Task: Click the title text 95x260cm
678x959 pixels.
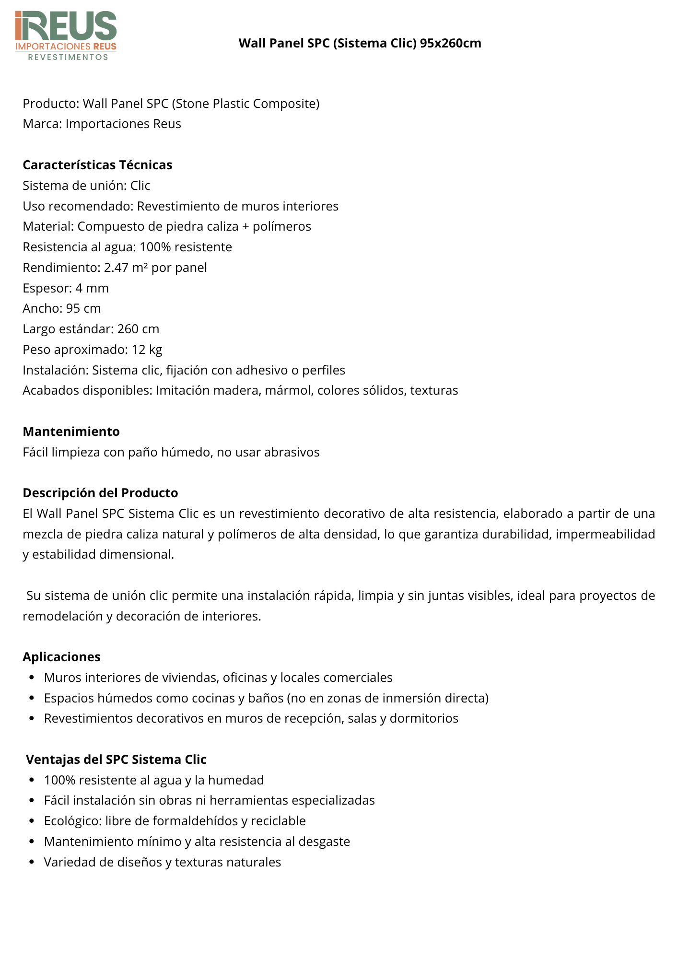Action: [x=450, y=43]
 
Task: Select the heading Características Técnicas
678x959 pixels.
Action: [x=97, y=165]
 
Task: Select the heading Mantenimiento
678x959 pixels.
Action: [x=71, y=432]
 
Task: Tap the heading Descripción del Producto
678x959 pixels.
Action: [x=100, y=493]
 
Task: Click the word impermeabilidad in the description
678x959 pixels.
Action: [x=605, y=534]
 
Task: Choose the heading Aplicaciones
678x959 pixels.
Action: [x=61, y=657]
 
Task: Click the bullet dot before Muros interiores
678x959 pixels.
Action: [x=32, y=678]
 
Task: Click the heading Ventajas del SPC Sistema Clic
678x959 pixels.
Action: [x=116, y=760]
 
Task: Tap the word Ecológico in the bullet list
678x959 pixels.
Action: [x=72, y=821]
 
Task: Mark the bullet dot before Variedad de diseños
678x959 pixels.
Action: [x=32, y=862]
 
